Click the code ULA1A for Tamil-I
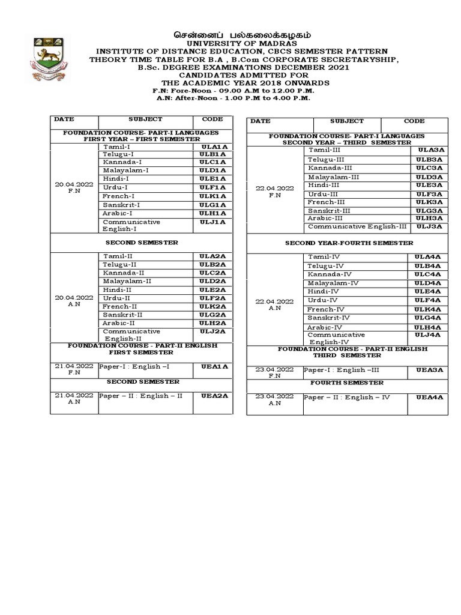click(212, 147)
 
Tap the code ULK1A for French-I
click(212, 196)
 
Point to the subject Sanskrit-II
click(122, 315)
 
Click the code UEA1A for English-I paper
click(212, 366)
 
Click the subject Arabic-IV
click(325, 327)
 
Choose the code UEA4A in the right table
click(429, 398)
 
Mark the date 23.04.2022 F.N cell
click(274, 373)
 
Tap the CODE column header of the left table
click(212, 120)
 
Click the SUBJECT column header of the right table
click(346, 121)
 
